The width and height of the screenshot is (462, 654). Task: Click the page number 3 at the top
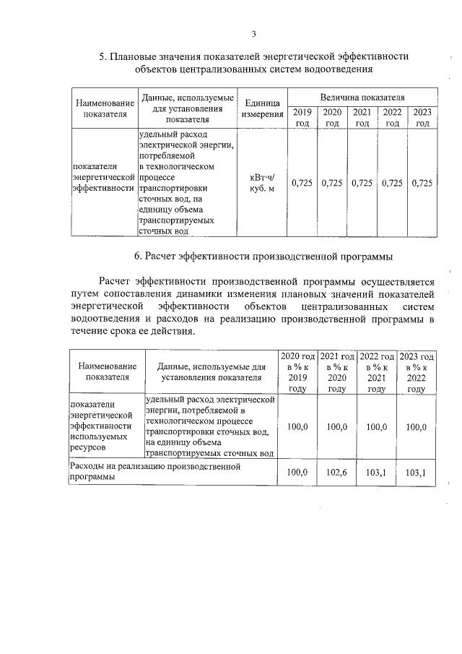253,33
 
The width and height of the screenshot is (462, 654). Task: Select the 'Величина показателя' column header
362,97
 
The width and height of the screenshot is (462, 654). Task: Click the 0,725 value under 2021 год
362,184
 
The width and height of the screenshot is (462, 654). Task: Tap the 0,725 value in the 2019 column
302,184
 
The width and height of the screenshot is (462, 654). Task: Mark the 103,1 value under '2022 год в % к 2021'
376,473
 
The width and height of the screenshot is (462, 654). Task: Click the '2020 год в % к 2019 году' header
297,372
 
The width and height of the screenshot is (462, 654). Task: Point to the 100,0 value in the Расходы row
297,473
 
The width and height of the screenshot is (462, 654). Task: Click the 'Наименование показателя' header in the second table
107,372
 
